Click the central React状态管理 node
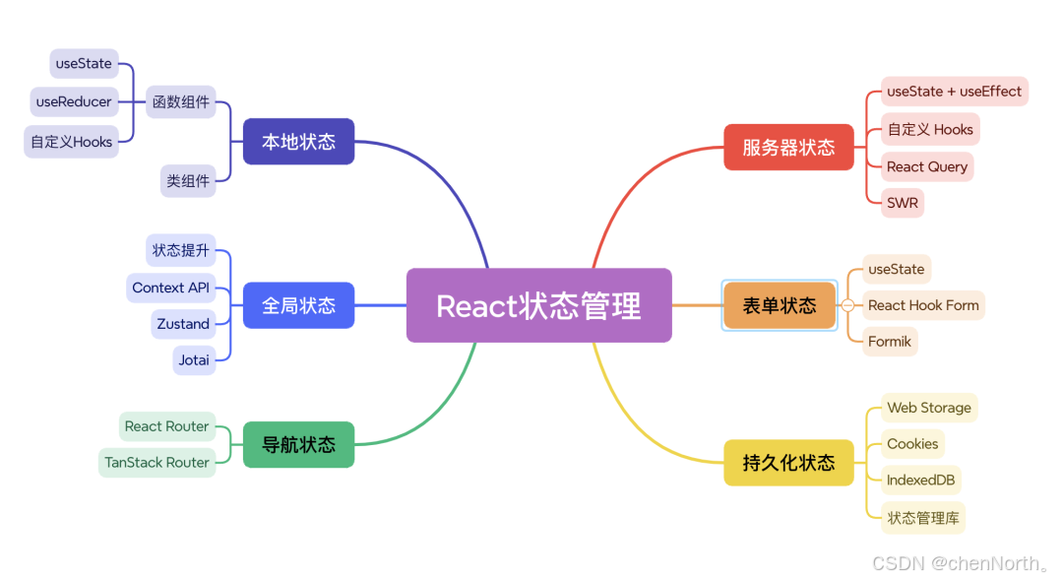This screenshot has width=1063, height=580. point(538,305)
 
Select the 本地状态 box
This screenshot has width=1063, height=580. point(298,142)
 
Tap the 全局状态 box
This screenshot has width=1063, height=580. point(298,305)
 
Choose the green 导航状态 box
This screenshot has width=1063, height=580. point(298,444)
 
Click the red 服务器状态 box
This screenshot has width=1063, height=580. point(788,147)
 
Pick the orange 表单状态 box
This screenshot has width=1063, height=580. point(779,305)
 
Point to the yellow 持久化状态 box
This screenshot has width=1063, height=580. point(788,462)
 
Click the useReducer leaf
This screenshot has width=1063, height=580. point(74,101)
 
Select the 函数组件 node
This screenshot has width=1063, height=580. point(181,101)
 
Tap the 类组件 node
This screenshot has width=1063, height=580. point(188,181)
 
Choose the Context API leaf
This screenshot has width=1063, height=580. point(171,288)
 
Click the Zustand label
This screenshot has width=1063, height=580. point(183,324)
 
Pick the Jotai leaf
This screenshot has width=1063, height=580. point(194,360)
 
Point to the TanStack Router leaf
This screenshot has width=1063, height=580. point(157,462)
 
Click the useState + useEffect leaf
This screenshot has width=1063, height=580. point(954,92)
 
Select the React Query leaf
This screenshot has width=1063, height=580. point(927,166)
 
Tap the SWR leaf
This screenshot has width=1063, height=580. point(903,204)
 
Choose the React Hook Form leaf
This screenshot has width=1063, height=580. point(923,305)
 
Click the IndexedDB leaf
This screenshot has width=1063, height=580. point(921,480)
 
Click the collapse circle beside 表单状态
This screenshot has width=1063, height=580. point(847,305)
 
